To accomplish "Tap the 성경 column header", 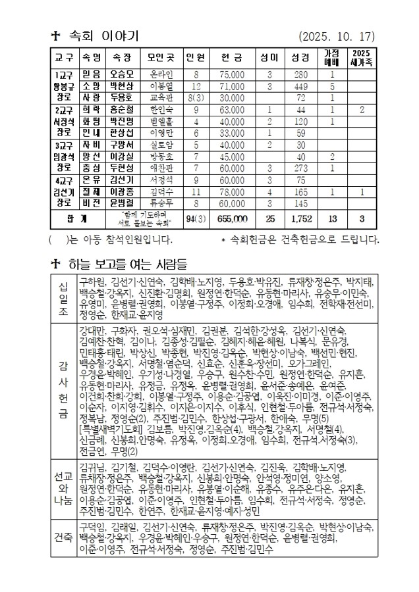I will [300, 57].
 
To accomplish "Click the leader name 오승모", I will [122, 75].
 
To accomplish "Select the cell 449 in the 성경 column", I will [300, 86].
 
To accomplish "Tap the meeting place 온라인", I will [161, 75].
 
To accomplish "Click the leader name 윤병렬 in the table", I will [122, 203].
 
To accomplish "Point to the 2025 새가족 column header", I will [361, 57].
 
